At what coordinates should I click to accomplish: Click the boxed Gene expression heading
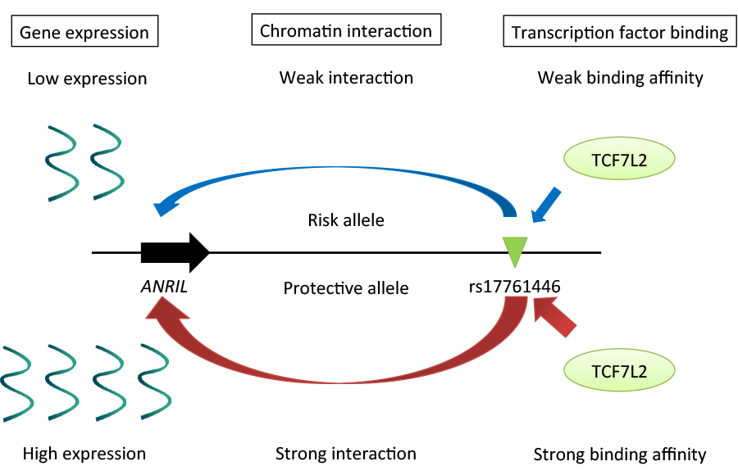tap(84, 33)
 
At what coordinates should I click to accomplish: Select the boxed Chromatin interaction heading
tap(346, 31)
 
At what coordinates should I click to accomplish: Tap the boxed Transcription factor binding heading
tap(620, 33)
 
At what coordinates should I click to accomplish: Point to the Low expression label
tap(87, 79)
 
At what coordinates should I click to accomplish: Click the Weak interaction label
tap(346, 78)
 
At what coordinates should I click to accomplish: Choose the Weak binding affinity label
tap(620, 78)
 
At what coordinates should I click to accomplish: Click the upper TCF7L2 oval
tap(619, 161)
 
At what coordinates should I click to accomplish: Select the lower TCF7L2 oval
tap(619, 372)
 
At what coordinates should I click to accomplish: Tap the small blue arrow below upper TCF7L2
tap(547, 205)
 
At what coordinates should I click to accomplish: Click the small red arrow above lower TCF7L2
tap(555, 318)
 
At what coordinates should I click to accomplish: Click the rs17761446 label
tap(515, 287)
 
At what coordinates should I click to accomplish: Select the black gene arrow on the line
tap(175, 252)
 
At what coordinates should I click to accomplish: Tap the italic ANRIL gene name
tap(169, 288)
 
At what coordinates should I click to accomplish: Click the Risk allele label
tap(346, 219)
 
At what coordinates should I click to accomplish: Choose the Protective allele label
tap(346, 288)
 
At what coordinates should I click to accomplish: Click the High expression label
tap(84, 453)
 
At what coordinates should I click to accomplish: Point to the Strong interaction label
tap(346, 453)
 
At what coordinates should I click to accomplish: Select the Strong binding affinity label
tap(620, 454)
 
